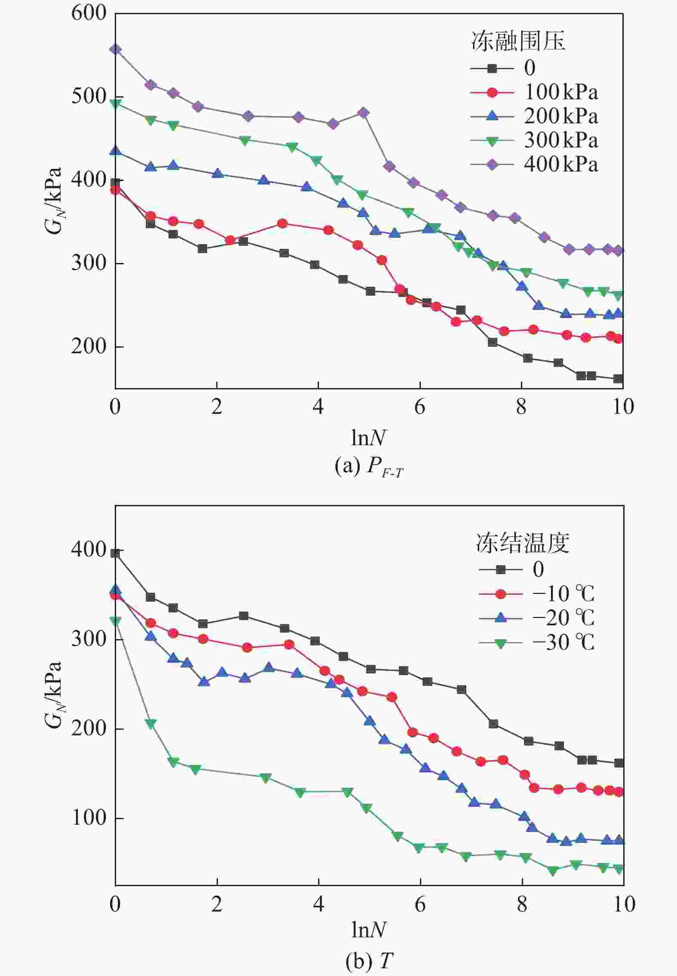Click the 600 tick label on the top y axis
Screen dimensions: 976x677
pyautogui.click(x=89, y=13)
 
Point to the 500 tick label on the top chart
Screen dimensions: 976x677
pyautogui.click(x=89, y=96)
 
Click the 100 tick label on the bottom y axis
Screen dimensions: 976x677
pyautogui.click(x=89, y=817)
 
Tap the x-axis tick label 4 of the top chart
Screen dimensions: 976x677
pyautogui.click(x=318, y=407)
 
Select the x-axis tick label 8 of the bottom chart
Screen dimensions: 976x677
pyautogui.click(x=522, y=904)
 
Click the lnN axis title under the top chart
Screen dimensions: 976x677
pyautogui.click(x=368, y=438)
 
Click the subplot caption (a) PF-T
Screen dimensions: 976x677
pyautogui.click(x=369, y=466)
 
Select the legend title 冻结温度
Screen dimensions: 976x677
pyautogui.click(x=522, y=543)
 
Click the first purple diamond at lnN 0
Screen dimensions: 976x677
pyautogui.click(x=115, y=49)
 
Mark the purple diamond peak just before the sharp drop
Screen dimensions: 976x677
pyautogui.click(x=364, y=113)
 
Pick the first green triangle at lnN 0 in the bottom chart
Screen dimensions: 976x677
pyautogui.click(x=115, y=621)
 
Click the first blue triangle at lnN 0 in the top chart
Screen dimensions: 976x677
pyautogui.click(x=115, y=151)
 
